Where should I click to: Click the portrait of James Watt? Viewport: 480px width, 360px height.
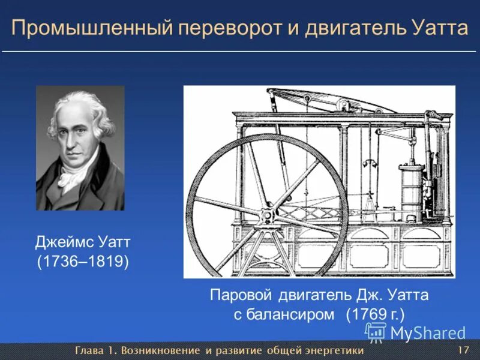pos(80,147)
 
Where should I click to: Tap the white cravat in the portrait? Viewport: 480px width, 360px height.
pos(73,177)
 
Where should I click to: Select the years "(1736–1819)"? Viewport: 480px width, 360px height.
pos(83,262)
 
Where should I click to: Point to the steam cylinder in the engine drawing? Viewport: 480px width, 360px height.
pos(410,186)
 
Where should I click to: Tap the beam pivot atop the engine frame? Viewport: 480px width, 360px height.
pos(343,106)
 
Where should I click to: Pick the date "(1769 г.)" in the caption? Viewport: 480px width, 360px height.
pos(375,315)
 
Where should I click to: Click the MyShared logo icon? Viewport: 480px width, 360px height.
pos(376,332)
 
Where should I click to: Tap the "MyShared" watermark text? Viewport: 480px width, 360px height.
pos(428,333)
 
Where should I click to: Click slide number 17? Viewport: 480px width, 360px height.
pos(463,350)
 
